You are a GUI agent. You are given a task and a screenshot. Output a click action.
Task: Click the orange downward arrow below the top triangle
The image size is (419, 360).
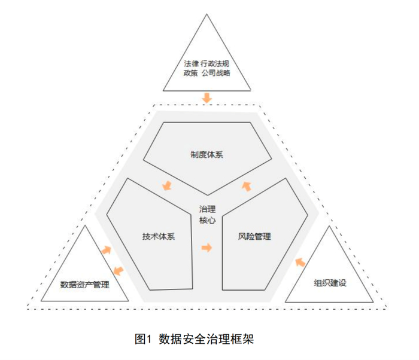coord(207,96)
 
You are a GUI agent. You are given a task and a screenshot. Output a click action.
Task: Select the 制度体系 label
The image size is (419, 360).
coord(207,154)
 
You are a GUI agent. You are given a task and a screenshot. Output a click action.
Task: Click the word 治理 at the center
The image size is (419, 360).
coord(207,209)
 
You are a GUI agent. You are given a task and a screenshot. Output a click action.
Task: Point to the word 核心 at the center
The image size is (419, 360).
coord(207,219)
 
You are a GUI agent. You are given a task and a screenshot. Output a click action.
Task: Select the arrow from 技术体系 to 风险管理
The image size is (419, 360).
coord(207,247)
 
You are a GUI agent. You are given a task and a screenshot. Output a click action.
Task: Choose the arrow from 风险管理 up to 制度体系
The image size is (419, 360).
coord(246,186)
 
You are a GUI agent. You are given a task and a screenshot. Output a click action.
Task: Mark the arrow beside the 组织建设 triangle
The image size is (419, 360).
coord(300,261)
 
